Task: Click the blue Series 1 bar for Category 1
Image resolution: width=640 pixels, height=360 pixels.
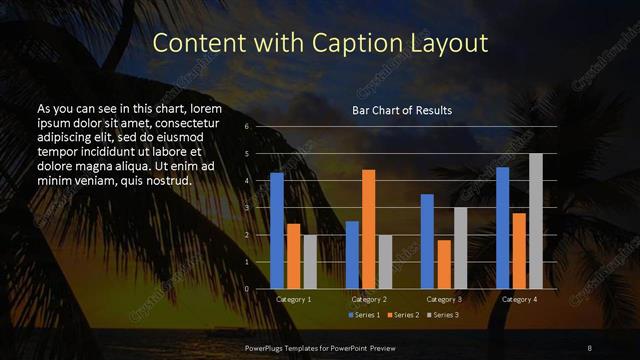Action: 277,231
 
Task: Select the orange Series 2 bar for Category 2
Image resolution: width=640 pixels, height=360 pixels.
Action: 368,229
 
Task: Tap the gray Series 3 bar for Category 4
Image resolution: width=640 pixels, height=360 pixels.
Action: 535,221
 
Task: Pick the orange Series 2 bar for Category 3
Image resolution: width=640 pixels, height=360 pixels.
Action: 443,264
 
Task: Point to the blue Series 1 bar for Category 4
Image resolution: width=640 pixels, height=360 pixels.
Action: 502,228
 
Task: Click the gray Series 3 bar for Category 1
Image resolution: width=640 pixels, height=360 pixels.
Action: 309,262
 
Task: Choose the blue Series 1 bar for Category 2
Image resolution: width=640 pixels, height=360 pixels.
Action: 352,255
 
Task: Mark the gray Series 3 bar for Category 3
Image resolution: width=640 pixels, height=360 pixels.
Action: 460,248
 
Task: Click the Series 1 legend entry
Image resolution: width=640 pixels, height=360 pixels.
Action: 365,315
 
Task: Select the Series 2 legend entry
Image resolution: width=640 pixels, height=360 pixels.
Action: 402,315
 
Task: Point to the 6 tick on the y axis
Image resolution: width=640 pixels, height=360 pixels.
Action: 246,127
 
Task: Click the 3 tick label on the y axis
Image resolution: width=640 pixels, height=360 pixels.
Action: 246,208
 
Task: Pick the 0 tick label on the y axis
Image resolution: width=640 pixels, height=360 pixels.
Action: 246,288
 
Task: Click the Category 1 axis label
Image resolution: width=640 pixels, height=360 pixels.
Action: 293,299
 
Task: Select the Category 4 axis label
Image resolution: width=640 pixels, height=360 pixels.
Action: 518,299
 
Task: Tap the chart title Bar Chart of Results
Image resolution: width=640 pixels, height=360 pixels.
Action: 402,109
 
